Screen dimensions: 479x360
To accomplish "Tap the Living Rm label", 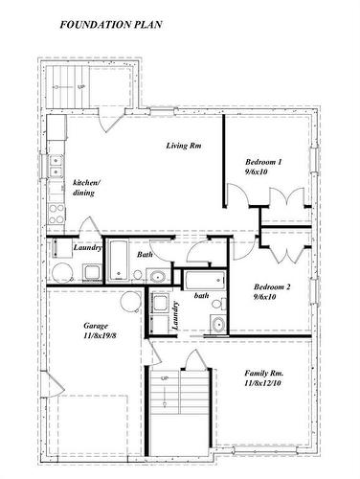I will pyautogui.click(x=182, y=146).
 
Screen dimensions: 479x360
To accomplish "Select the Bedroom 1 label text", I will pyautogui.click(x=263, y=162).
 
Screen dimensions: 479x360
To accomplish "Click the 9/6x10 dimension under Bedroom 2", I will pyautogui.click(x=265, y=297).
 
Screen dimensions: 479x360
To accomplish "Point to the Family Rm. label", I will pyautogui.click(x=263, y=373).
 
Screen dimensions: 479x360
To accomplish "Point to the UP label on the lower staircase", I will pyautogui.click(x=165, y=380).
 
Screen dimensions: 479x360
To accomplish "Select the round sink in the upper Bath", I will pyautogui.click(x=157, y=278).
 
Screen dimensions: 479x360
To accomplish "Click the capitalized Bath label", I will pyautogui.click(x=145, y=255).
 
